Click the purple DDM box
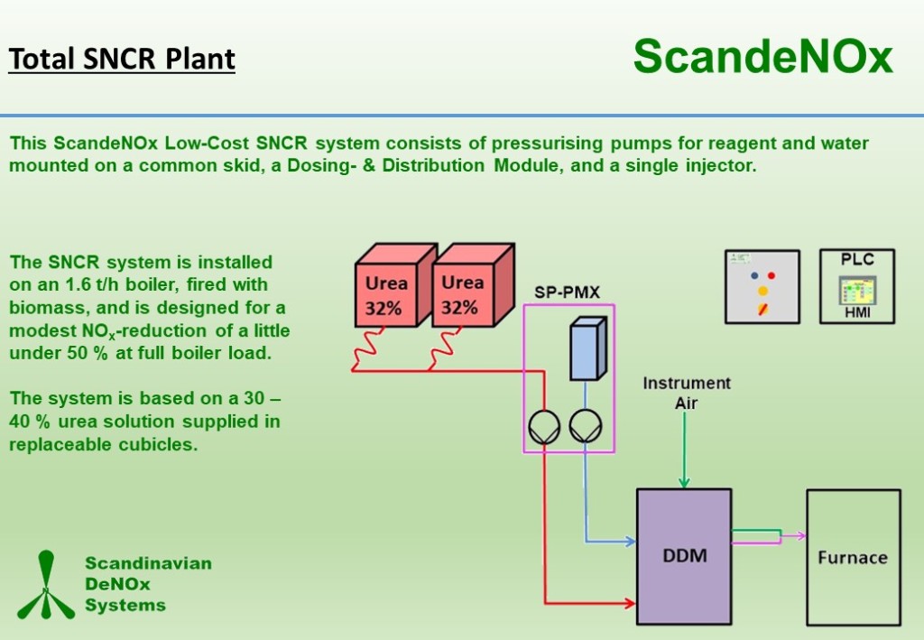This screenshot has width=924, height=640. (683, 556)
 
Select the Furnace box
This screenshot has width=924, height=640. (853, 557)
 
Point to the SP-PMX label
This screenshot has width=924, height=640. (567, 292)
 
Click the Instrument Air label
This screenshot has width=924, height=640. (686, 393)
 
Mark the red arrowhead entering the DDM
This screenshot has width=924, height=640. (629, 602)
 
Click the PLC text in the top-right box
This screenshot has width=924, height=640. (857, 259)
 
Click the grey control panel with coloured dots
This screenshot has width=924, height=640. (762, 286)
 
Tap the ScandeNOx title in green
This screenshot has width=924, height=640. (762, 57)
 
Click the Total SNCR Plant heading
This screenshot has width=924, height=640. (122, 60)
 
